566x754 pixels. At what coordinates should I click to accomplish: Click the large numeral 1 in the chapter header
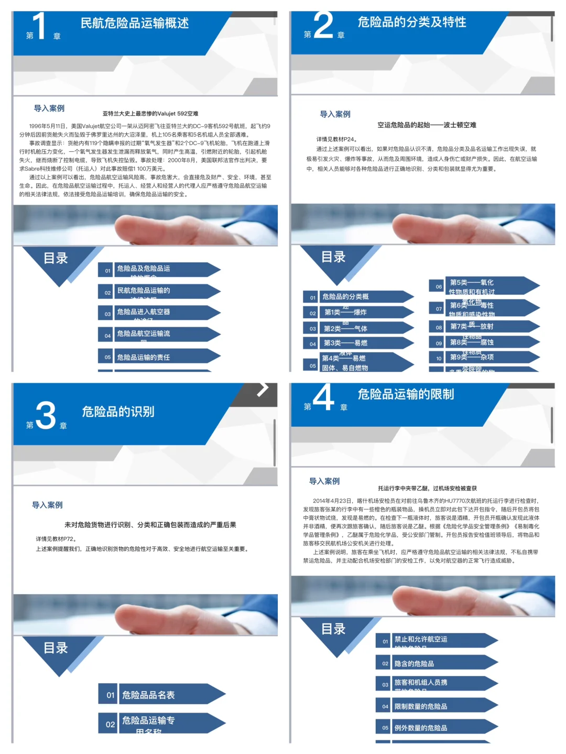coord(39,26)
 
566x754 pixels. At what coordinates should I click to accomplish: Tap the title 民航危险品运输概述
coord(134,23)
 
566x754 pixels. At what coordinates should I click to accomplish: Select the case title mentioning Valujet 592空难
coord(150,114)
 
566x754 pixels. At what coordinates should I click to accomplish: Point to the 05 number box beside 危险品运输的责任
coord(107,357)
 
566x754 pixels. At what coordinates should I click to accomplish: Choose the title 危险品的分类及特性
coord(412,22)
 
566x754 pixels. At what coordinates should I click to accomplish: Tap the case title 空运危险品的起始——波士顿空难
coord(427,125)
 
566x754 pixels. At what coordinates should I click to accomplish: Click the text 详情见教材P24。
coord(337,139)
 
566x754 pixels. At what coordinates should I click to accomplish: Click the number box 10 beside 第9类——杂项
coord(439,358)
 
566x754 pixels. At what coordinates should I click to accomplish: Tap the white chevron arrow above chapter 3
coord(263,389)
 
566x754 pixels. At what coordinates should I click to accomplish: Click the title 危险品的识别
coord(118,412)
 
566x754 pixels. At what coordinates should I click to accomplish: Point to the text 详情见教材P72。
coord(57,539)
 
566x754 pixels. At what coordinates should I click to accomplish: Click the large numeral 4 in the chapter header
coord(323,398)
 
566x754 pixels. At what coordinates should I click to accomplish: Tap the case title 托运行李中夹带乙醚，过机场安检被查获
coord(427,488)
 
